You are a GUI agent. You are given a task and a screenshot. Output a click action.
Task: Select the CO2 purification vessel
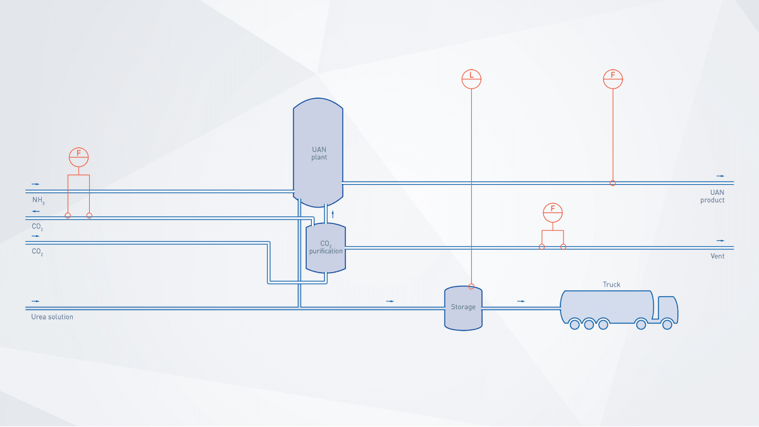(x=326, y=247)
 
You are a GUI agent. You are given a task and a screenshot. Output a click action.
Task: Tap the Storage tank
(x=463, y=307)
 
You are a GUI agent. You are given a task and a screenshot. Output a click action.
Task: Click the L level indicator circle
(x=471, y=78)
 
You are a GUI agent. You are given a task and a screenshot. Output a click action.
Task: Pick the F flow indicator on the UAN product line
(x=613, y=78)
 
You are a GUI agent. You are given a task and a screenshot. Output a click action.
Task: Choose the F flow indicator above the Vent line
(x=553, y=212)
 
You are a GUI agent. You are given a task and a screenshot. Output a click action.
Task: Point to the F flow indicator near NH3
(x=78, y=156)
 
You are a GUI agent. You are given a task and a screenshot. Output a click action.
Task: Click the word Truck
(x=612, y=285)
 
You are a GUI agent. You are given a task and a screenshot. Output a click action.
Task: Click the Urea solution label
(x=52, y=317)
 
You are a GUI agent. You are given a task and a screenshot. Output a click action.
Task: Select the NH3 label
(x=39, y=200)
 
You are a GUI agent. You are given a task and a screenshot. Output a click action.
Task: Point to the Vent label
(x=717, y=256)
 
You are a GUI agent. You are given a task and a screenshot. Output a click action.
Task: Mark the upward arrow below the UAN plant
(x=333, y=214)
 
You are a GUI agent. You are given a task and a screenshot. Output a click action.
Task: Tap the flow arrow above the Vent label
(x=720, y=241)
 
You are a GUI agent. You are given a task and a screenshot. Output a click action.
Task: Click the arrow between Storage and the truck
(x=521, y=301)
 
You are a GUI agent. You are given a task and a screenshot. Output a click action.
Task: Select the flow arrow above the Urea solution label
(x=35, y=301)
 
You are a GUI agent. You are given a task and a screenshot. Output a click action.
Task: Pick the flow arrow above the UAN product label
(x=720, y=176)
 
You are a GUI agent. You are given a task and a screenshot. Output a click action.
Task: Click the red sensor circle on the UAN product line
(x=612, y=183)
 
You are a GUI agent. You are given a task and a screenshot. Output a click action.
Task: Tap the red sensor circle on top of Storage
(x=471, y=286)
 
